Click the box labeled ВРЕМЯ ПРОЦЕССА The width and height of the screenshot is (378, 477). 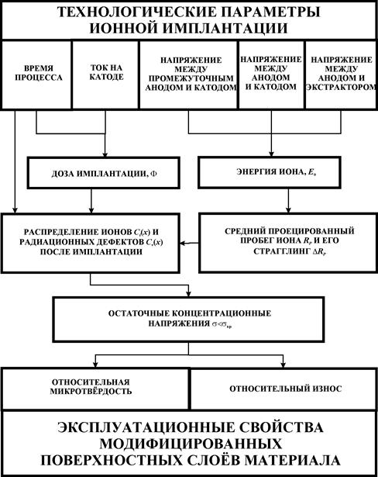[x=36, y=74]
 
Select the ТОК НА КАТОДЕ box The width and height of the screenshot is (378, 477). [x=105, y=74]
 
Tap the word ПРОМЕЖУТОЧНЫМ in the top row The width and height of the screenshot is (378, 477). [x=191, y=78]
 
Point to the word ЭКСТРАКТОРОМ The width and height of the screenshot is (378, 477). [x=342, y=87]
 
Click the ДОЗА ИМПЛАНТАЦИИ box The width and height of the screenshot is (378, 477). [x=103, y=173]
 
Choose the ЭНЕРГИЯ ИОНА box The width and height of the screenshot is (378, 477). [x=270, y=172]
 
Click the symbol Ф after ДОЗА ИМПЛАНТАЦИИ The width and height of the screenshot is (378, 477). [x=154, y=174]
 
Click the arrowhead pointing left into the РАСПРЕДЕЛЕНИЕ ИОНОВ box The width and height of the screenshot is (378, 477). [x=182, y=243]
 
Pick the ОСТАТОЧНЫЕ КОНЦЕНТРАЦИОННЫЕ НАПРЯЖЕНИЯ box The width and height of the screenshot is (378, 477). [x=188, y=320]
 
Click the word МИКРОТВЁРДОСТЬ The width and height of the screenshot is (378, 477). [x=91, y=391]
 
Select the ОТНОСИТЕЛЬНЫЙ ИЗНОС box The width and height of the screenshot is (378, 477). [x=283, y=389]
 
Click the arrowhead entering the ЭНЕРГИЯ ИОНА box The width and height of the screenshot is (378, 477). [x=271, y=154]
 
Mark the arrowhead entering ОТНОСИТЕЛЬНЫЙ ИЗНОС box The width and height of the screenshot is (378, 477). [x=283, y=365]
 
